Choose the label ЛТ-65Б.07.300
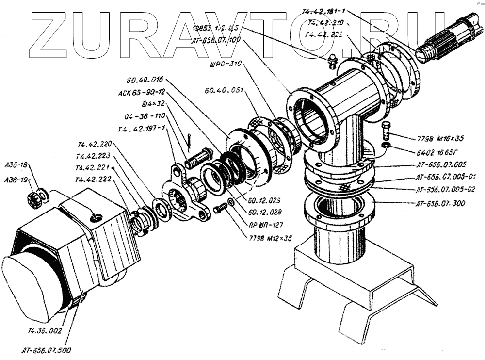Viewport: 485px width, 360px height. click(440, 203)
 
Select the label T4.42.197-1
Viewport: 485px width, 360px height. click(142, 129)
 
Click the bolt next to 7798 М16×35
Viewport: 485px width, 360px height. click(386, 130)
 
